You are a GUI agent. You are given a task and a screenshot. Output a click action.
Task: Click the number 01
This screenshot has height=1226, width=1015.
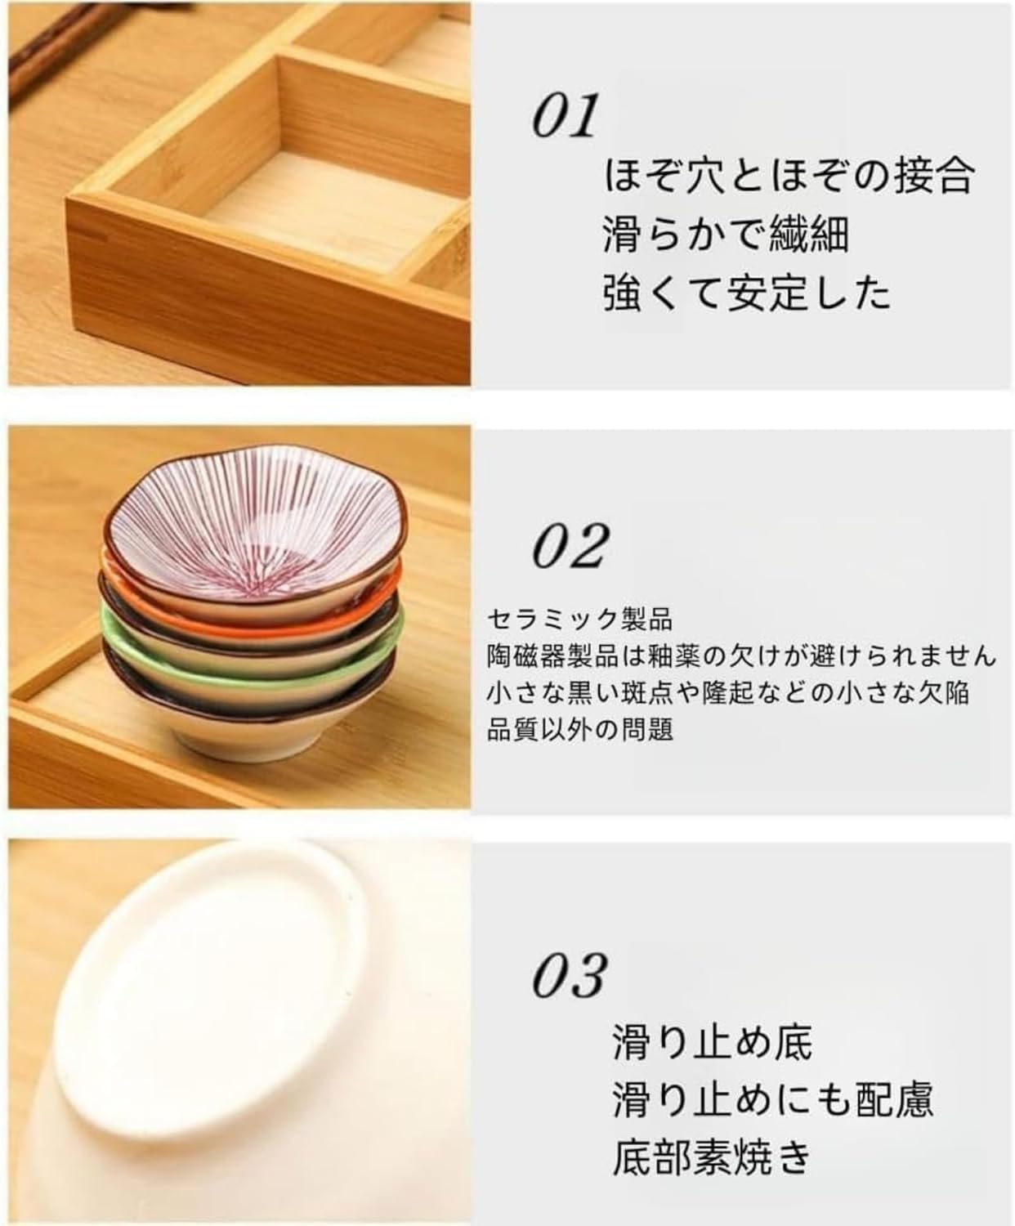564,117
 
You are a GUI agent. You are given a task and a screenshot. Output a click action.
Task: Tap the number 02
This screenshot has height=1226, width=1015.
570,545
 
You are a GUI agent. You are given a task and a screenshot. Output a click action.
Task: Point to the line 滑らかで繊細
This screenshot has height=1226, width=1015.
726,234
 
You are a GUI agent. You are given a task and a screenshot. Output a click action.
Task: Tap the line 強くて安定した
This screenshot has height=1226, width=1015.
746,293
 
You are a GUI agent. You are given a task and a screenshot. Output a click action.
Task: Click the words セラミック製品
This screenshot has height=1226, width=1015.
579,619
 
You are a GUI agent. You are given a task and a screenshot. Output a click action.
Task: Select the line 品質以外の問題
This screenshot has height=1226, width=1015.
579,729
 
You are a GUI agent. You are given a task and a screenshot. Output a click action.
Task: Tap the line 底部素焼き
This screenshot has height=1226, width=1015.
712,1157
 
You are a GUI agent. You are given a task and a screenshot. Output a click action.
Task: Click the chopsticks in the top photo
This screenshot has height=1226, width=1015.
49,57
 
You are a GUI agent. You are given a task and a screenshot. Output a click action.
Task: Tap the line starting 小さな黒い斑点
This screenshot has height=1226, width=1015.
727,692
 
